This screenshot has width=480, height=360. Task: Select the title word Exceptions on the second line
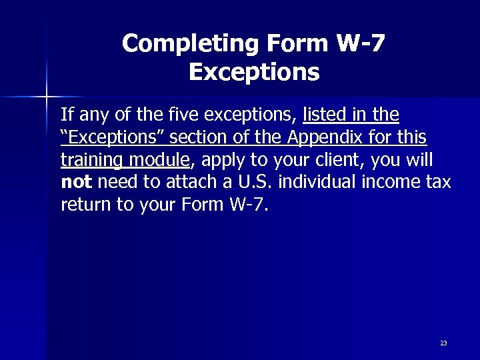pos(254,71)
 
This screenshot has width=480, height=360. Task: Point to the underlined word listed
pos(324,116)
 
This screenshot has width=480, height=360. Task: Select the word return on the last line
pos(83,204)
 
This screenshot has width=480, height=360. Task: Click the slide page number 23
pos(443,343)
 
